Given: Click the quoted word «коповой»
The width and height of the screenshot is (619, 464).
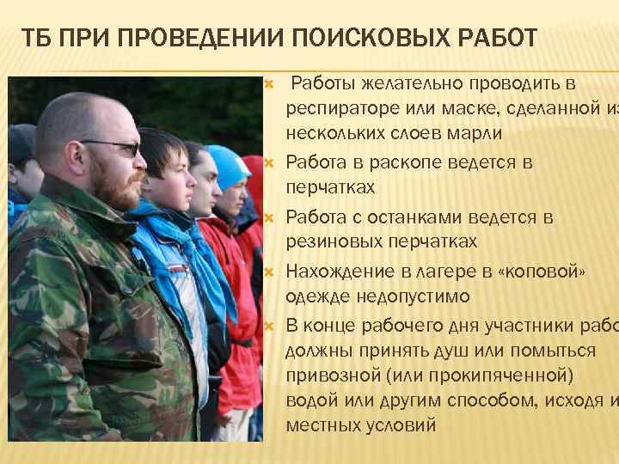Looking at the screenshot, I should [x=538, y=272].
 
